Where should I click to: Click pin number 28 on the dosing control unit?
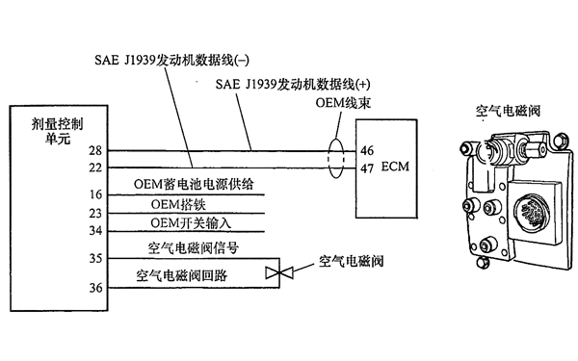(93, 151)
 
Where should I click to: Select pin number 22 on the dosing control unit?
(93, 168)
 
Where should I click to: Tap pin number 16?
(94, 195)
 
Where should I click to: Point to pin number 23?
(94, 213)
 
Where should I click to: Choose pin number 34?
(94, 230)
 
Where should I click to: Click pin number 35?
(94, 258)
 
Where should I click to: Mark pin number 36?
(94, 286)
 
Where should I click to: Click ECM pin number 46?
(367, 151)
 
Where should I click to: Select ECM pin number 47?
(367, 168)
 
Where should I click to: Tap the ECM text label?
(395, 168)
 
